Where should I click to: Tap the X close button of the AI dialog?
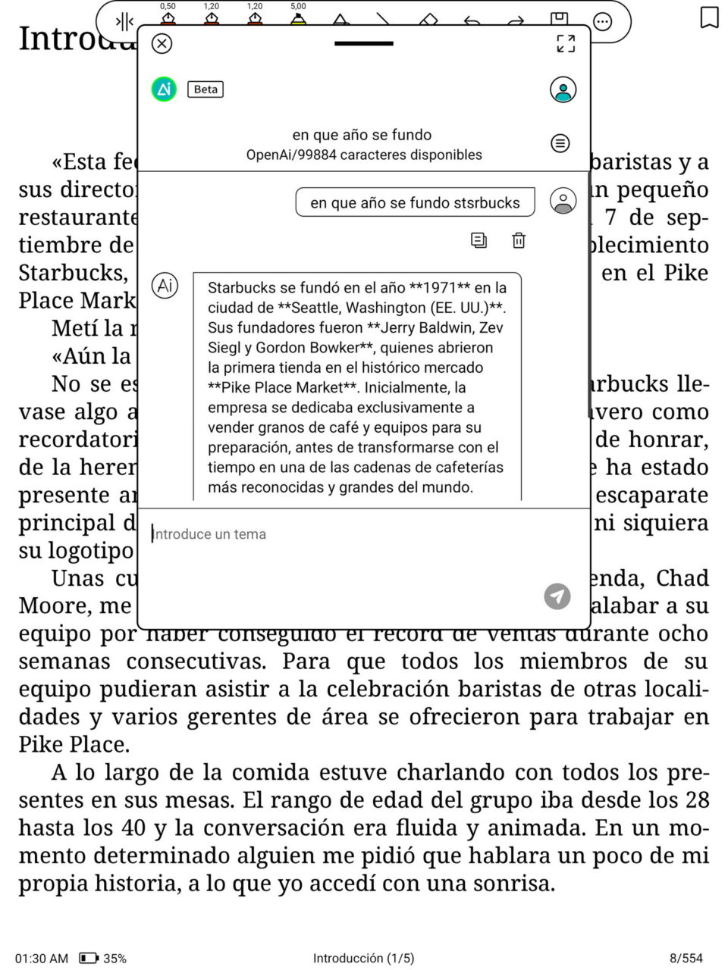tap(162, 44)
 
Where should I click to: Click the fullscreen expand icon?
tap(566, 44)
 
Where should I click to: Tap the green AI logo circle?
tap(164, 89)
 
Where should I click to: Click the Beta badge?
tap(206, 89)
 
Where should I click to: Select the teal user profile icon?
tap(563, 89)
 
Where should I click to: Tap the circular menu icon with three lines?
tap(560, 143)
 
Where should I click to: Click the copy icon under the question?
tap(479, 240)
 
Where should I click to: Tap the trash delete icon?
tap(519, 240)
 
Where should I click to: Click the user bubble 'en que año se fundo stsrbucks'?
tap(415, 202)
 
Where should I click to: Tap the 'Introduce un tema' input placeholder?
tap(209, 534)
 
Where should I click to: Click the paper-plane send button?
tap(557, 596)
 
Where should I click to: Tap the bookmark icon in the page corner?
tap(709, 17)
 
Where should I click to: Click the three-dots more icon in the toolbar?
tap(602, 22)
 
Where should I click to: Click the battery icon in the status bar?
tap(89, 958)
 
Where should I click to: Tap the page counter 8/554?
tap(686, 958)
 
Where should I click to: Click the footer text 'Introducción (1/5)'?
tap(363, 958)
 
